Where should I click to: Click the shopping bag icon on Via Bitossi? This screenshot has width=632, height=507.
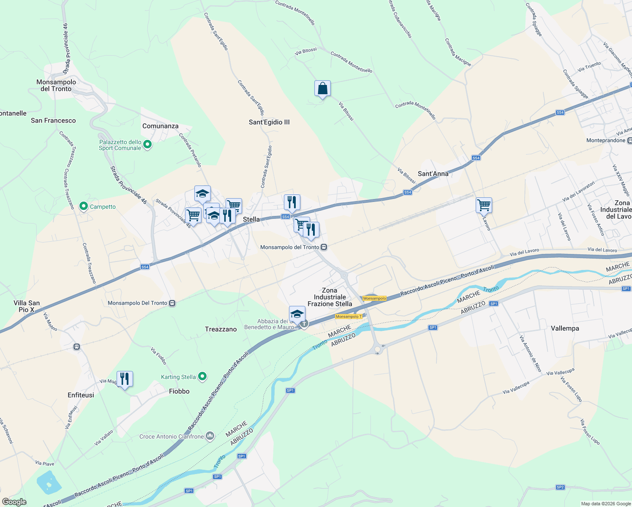tap(322, 89)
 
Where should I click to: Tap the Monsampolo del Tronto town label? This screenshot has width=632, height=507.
tap(56, 85)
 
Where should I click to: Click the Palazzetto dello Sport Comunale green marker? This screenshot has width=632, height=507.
tap(147, 144)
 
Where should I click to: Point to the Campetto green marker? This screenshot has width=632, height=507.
tap(84, 207)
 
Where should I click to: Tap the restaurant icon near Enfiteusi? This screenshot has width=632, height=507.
tap(125, 379)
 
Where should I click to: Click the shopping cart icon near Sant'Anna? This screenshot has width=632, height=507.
tap(484, 205)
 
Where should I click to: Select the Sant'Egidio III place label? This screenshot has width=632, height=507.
tap(269, 122)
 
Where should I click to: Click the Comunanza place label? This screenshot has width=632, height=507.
tap(160, 126)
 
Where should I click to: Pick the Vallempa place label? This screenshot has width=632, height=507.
tap(565, 328)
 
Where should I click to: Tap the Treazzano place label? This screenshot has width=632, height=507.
tap(221, 329)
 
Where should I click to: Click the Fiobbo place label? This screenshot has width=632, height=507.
tap(179, 391)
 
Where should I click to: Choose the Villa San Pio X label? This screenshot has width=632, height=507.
tap(27, 306)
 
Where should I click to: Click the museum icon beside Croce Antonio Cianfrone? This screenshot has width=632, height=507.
tap(210, 436)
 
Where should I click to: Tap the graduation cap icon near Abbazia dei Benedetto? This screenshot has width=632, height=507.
tap(297, 314)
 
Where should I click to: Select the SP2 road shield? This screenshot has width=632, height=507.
tap(560, 487)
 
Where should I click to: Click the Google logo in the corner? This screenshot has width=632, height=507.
tap(14, 502)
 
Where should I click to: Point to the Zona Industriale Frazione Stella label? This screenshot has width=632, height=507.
tap(330, 297)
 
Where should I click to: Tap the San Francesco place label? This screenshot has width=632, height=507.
tap(53, 120)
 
